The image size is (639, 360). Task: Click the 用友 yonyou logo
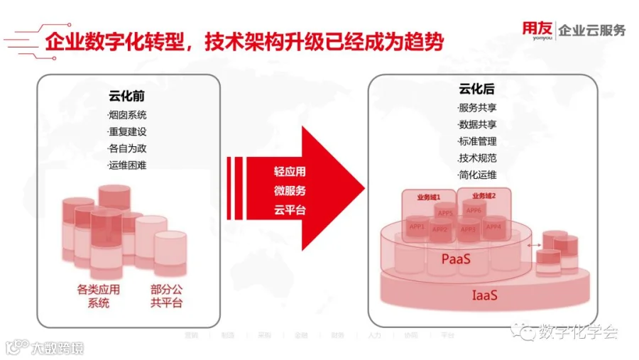point(537,31)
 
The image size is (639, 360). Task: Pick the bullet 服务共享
point(477,108)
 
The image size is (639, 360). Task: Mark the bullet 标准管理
point(477,141)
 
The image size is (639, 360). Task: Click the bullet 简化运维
point(477,175)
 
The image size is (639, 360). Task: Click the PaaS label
point(456,260)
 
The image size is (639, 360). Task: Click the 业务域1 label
point(428,195)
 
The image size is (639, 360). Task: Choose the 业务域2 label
point(483,195)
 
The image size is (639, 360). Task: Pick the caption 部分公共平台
point(166,296)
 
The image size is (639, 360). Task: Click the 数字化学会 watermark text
point(578,332)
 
